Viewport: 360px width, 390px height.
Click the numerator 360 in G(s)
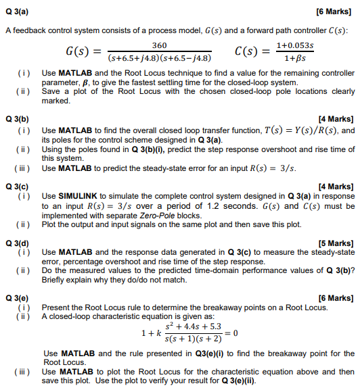click(158, 44)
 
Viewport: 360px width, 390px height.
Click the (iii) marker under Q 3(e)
click(21, 371)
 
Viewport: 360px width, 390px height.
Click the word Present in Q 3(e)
click(56, 308)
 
